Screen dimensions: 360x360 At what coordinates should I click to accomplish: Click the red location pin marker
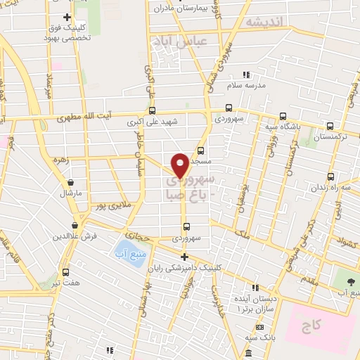click(180, 165)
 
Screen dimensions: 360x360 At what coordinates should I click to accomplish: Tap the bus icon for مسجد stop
click(201, 150)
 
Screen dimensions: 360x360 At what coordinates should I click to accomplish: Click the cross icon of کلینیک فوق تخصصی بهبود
click(66, 17)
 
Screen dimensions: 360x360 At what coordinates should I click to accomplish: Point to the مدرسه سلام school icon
click(246, 75)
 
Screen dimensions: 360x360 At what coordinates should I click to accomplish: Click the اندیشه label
click(264, 22)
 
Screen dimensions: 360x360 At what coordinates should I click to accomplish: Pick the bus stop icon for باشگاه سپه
click(283, 117)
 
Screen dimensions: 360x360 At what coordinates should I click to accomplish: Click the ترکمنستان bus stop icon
click(329, 127)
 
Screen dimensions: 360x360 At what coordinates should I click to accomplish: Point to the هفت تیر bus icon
click(65, 272)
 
